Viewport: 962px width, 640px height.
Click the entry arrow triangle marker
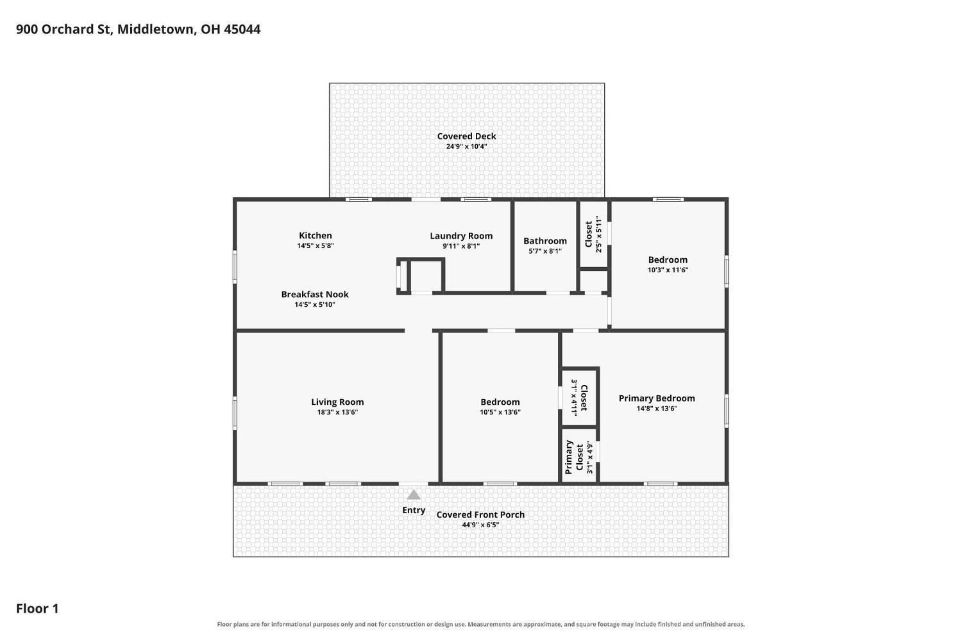pos(414,495)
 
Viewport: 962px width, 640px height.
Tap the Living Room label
pos(337,402)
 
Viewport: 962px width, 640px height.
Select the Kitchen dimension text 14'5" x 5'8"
pos(316,246)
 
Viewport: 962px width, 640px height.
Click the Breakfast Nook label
pos(315,294)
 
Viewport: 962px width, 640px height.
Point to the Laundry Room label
pos(461,236)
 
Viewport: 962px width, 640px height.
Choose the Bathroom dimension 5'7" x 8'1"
pos(545,251)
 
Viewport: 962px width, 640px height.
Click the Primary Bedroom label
pos(657,398)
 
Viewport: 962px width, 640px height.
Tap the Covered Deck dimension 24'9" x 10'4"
pos(466,146)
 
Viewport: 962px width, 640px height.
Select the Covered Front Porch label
pos(480,514)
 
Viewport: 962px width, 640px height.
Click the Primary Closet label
pos(574,457)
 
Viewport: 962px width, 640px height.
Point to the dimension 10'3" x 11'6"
pos(668,270)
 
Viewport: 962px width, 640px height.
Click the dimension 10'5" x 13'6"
pos(500,412)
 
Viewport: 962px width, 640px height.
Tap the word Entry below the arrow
pos(414,510)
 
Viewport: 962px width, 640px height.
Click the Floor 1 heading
pos(37,609)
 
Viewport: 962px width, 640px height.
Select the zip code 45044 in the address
pos(242,29)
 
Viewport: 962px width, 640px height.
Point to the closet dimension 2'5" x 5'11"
pos(598,234)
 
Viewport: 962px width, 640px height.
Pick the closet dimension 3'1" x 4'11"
pos(574,397)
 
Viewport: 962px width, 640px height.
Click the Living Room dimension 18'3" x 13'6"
pos(337,412)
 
